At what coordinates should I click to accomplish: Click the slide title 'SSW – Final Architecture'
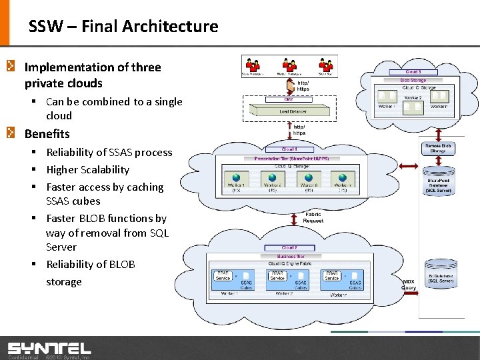pyautogui.click(x=123, y=27)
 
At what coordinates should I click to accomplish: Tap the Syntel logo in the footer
pyautogui.click(x=49, y=348)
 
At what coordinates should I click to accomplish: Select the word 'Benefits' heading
pyautogui.click(x=47, y=133)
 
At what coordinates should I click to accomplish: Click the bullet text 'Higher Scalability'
pyautogui.click(x=87, y=169)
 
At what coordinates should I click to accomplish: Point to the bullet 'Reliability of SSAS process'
pyautogui.click(x=109, y=152)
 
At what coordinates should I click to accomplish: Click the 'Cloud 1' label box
pyautogui.click(x=289, y=149)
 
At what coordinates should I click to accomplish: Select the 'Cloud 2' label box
pyautogui.click(x=289, y=247)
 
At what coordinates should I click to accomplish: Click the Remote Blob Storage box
pyautogui.click(x=437, y=148)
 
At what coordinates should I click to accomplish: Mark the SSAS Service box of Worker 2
pyautogui.click(x=277, y=275)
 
